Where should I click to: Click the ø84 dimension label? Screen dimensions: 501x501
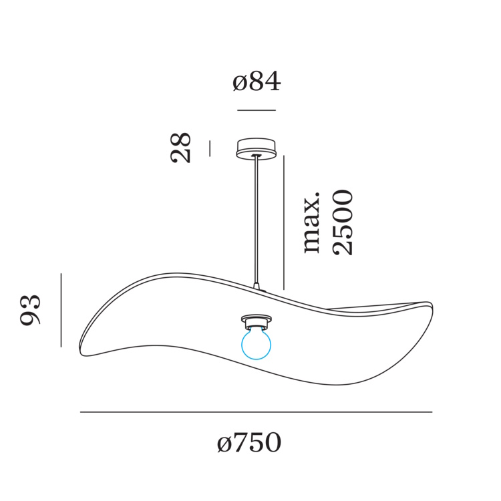tap(257, 81)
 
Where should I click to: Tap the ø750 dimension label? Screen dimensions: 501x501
tap(249, 442)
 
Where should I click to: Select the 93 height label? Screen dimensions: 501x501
tap(30, 310)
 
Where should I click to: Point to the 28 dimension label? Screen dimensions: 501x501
tap(180, 148)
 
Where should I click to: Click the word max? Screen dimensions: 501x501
tap(311, 223)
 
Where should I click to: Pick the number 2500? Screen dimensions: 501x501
tap(343, 222)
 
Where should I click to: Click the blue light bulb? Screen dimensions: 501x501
tap(256, 343)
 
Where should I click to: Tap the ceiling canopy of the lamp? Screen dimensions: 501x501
tap(256, 148)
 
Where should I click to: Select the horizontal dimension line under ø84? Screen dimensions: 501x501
tap(257, 110)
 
